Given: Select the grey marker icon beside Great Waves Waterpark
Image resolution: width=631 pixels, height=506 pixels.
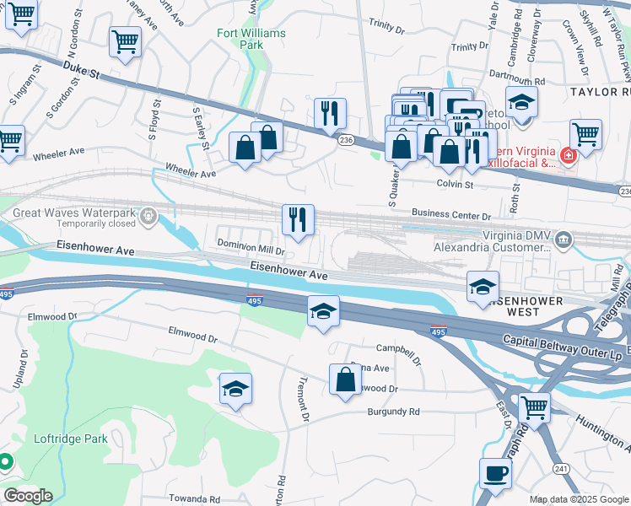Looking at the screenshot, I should [149, 217].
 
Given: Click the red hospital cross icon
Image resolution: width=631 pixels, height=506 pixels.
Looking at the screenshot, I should [568, 156].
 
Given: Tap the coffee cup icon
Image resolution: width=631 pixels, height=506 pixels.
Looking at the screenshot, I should [495, 472].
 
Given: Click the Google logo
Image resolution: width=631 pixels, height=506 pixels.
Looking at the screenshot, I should [28, 496].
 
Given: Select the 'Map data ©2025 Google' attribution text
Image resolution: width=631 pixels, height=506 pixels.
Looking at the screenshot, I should [578, 499].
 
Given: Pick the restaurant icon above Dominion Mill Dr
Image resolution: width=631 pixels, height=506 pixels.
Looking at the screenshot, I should [298, 219].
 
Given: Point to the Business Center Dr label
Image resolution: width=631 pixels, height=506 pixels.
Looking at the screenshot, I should [451, 216].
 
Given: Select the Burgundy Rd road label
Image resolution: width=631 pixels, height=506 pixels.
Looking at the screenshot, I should [393, 412].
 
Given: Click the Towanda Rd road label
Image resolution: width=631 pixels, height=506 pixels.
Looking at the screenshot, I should [193, 499].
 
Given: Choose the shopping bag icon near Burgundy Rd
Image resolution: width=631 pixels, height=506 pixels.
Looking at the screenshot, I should [346, 379].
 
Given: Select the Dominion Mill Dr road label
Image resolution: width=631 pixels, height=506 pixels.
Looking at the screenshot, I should [251, 250].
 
